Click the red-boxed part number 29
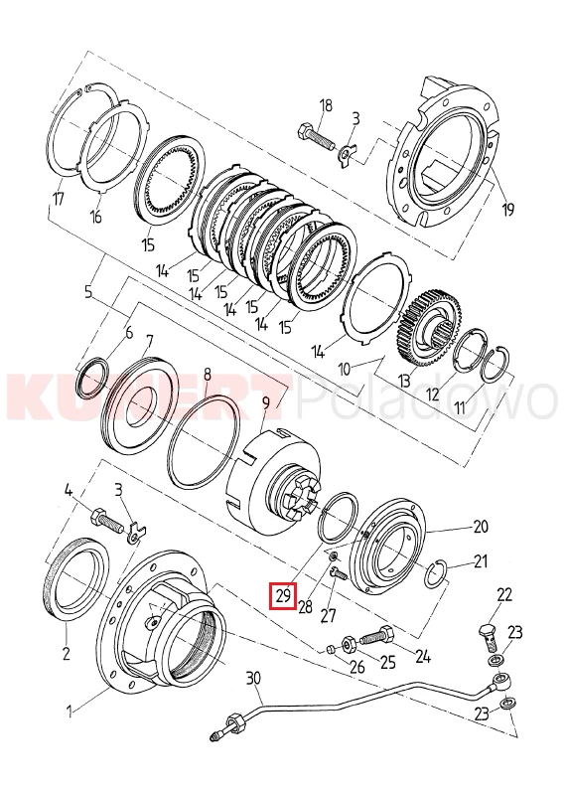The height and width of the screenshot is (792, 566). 283,596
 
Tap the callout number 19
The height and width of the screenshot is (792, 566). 507,208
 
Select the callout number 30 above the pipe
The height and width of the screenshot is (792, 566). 253,678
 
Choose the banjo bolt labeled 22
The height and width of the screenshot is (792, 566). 488,637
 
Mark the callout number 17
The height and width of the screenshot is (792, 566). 59,199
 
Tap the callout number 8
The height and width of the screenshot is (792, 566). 207,375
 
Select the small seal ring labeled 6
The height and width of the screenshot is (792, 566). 91,377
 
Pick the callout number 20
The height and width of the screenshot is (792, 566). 482,527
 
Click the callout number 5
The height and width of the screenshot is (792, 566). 88,293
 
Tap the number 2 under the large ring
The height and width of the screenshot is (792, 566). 67,653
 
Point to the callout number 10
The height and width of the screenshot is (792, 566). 344,370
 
